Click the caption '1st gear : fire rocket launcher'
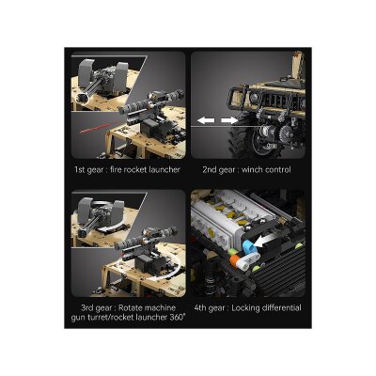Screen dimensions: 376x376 coord(126,170)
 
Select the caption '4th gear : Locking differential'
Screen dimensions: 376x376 coord(248,306)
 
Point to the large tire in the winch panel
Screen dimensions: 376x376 coord(273,141)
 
